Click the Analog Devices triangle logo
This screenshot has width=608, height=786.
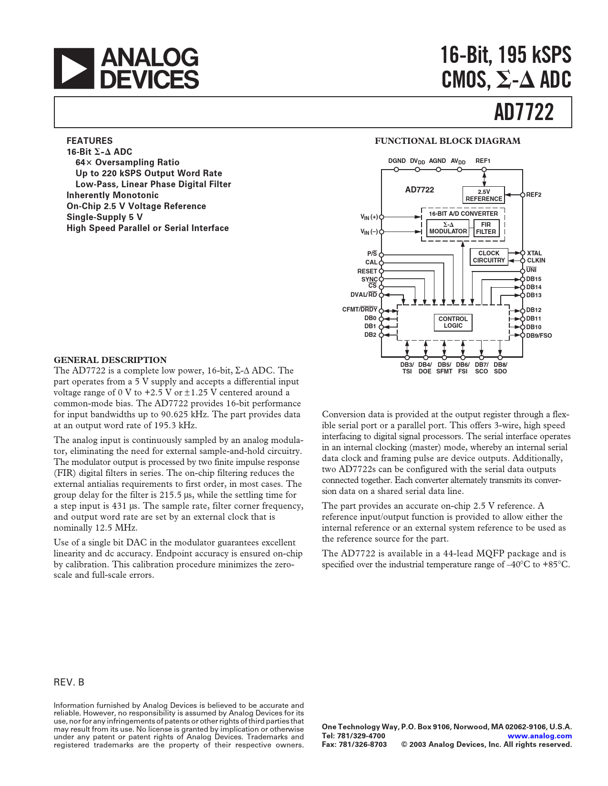(x=73, y=69)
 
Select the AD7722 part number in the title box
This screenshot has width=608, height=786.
(x=524, y=112)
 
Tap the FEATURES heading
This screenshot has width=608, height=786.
(x=90, y=141)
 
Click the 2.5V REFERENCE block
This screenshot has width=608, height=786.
(x=484, y=195)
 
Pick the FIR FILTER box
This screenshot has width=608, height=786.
(x=485, y=228)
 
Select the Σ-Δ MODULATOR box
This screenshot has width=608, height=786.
(x=448, y=228)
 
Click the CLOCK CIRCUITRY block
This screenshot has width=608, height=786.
(x=488, y=257)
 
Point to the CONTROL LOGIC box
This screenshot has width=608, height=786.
(x=453, y=322)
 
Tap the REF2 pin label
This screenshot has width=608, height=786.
(x=534, y=195)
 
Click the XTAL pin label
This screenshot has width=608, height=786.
(x=534, y=253)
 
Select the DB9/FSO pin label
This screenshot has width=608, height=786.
(x=539, y=336)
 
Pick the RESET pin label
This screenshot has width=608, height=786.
(x=367, y=271)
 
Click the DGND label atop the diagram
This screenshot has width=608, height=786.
(x=397, y=161)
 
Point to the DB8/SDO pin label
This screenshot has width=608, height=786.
(x=500, y=368)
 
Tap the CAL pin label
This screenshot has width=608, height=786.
(x=371, y=262)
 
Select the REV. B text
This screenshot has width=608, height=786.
(x=69, y=682)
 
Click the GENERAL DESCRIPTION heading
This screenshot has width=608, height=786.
(x=110, y=360)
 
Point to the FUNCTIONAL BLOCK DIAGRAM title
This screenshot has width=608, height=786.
(x=447, y=141)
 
